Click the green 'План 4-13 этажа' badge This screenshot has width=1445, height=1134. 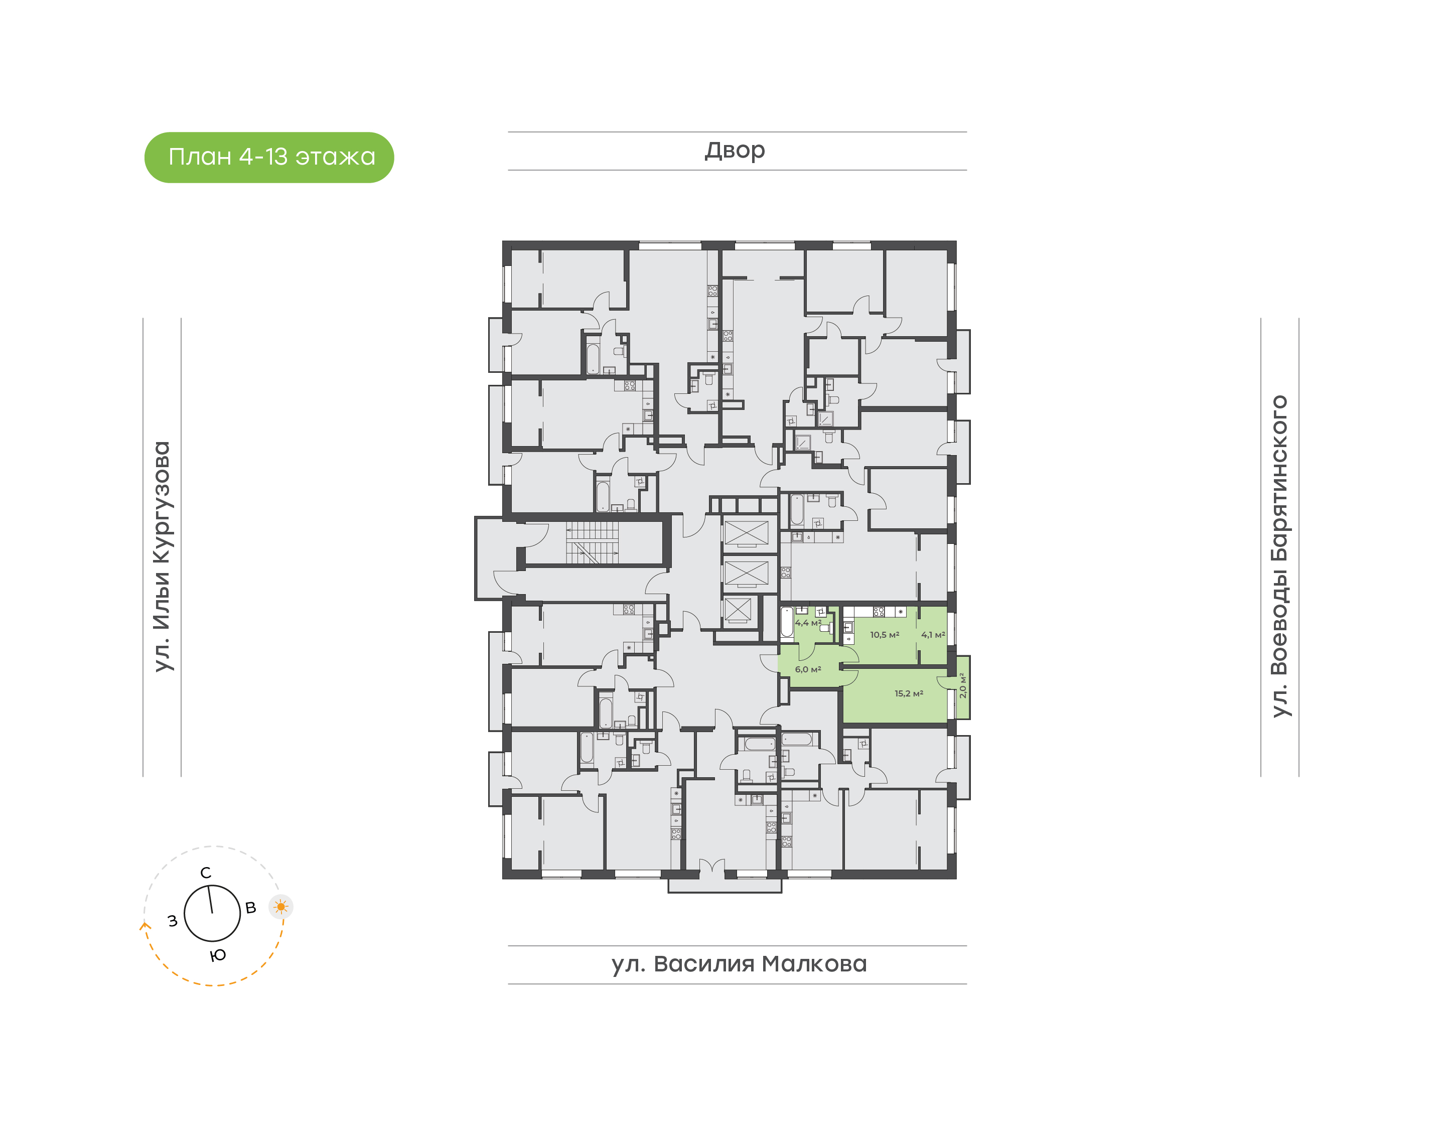[x=269, y=158]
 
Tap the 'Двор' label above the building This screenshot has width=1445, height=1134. [x=735, y=151]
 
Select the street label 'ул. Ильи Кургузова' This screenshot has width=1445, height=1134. [x=162, y=556]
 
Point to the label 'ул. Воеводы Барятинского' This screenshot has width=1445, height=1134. [x=1279, y=556]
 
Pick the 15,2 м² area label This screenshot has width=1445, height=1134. [x=909, y=694]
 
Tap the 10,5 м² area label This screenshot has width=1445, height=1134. [x=885, y=635]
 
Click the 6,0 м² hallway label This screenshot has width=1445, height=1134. [x=808, y=669]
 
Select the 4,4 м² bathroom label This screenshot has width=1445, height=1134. [x=808, y=623]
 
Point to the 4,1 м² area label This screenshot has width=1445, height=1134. [x=933, y=635]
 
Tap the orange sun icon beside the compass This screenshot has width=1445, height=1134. [x=281, y=906]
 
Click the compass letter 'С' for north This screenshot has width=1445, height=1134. [x=206, y=873]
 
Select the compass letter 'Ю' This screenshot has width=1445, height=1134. [x=218, y=955]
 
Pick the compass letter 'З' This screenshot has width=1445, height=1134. [x=173, y=921]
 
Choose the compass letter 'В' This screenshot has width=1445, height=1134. [x=251, y=908]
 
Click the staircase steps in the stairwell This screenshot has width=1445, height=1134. [x=592, y=542]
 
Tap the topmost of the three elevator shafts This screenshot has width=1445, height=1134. [x=746, y=533]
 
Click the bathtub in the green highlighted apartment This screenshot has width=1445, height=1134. [x=787, y=623]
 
